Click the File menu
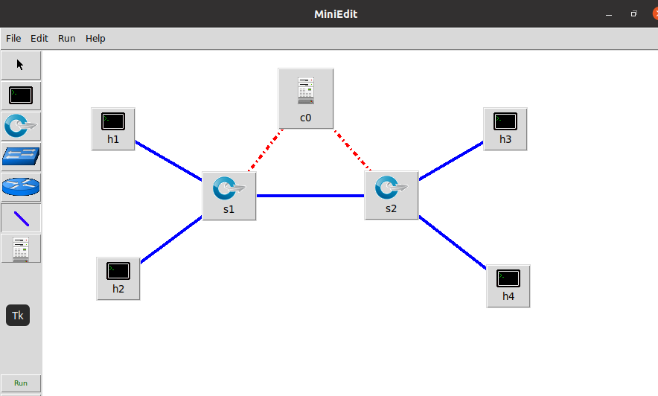[x=13, y=38]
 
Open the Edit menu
[x=39, y=38]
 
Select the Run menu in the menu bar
[x=67, y=38]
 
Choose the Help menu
[x=95, y=38]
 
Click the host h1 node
[x=113, y=128]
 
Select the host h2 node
[x=118, y=278]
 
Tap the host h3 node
[x=505, y=128]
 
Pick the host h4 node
[x=508, y=285]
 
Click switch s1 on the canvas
[x=229, y=196]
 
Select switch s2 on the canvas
[x=391, y=196]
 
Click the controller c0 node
[x=305, y=98]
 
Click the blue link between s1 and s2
[x=310, y=196]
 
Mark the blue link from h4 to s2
[x=453, y=243]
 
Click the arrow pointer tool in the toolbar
[x=20, y=65]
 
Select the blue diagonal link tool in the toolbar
[x=21, y=218]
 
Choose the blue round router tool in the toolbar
[x=21, y=187]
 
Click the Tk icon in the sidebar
[x=18, y=316]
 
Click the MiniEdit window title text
[x=335, y=13]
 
